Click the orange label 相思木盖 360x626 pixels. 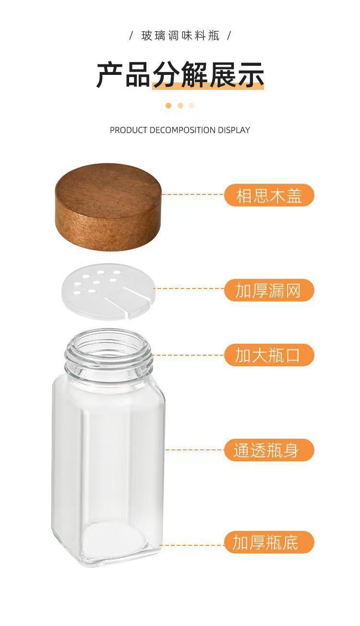[x=269, y=196]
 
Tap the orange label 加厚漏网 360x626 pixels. [x=269, y=290]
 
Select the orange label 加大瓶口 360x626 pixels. [x=269, y=355]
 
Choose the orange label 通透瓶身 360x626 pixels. [x=269, y=450]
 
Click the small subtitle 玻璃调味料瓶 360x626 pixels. [x=180, y=36]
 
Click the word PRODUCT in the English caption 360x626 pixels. [x=128, y=130]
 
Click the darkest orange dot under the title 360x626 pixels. [x=168, y=106]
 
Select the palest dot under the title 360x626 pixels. [x=192, y=106]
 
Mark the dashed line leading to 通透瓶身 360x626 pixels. [x=194, y=450]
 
